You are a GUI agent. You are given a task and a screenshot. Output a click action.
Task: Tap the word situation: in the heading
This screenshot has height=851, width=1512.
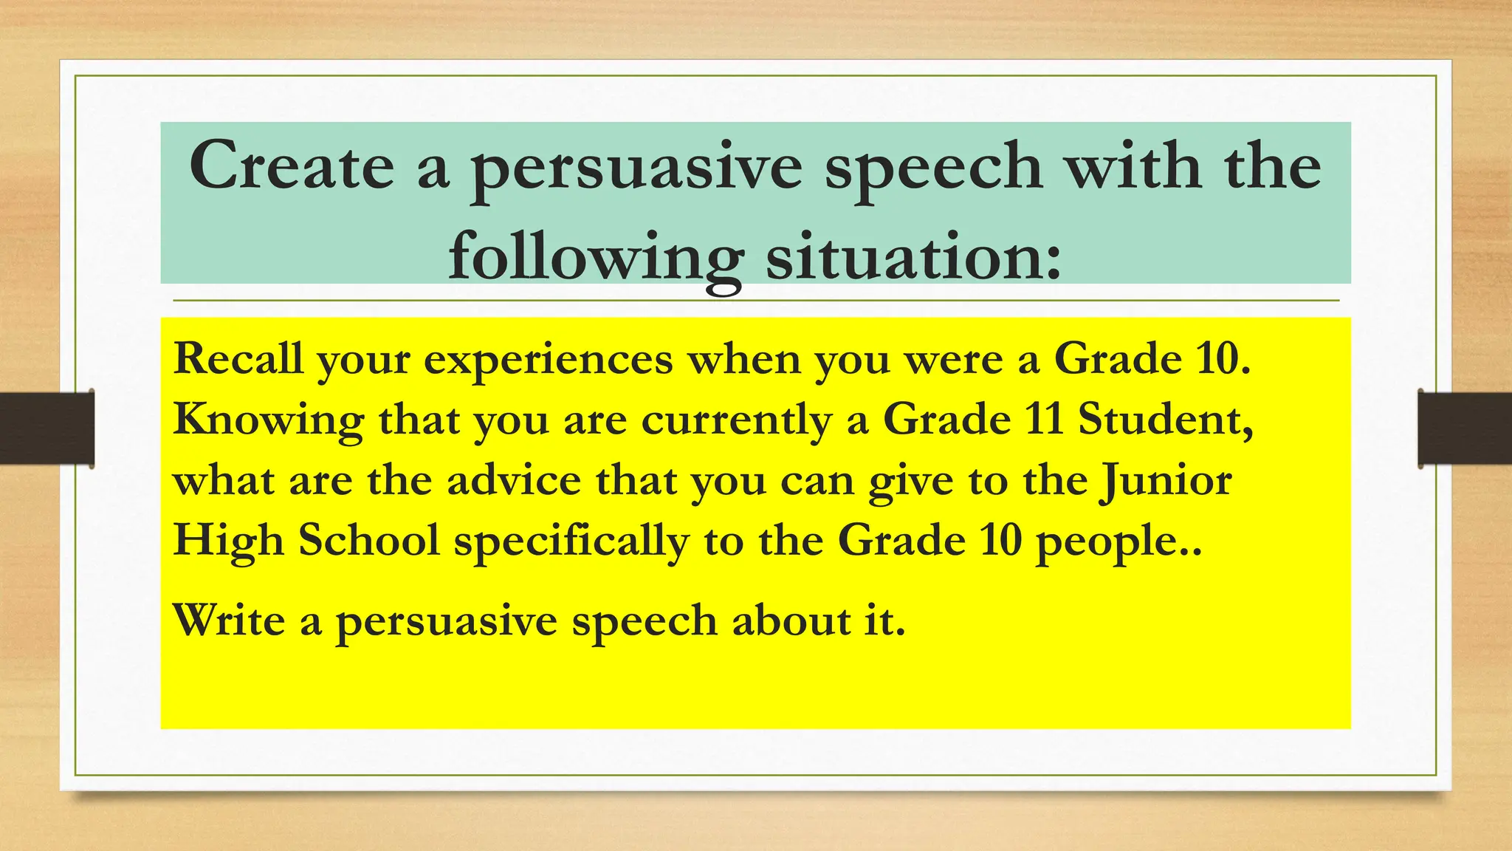click(913, 257)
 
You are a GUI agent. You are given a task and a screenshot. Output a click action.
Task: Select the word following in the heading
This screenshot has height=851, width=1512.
click(595, 259)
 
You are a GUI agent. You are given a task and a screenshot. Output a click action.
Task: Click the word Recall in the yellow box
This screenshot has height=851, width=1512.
click(238, 359)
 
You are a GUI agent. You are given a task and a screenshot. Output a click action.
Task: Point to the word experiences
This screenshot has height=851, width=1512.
click(548, 361)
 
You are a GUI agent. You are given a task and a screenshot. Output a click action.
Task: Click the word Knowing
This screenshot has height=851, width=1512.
click(269, 421)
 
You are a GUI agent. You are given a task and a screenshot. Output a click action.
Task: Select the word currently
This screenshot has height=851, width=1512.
click(736, 421)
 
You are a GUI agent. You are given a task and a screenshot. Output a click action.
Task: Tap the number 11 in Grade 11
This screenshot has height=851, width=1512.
click(1044, 418)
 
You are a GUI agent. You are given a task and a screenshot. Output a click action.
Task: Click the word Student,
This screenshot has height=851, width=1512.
click(1166, 420)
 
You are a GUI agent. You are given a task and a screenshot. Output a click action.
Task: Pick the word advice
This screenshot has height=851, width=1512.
click(514, 480)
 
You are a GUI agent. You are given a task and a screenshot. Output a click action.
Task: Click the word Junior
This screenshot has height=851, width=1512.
click(1166, 482)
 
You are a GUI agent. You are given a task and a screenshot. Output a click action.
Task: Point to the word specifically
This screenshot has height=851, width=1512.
click(571, 542)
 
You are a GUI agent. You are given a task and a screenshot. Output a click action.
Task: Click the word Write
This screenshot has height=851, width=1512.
click(229, 620)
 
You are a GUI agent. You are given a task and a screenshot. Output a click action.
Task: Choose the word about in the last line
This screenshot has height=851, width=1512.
click(791, 621)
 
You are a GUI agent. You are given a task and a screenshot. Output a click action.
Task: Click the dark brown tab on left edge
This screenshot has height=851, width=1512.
click(47, 428)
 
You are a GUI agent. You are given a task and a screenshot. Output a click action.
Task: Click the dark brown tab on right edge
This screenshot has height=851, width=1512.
click(1465, 428)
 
